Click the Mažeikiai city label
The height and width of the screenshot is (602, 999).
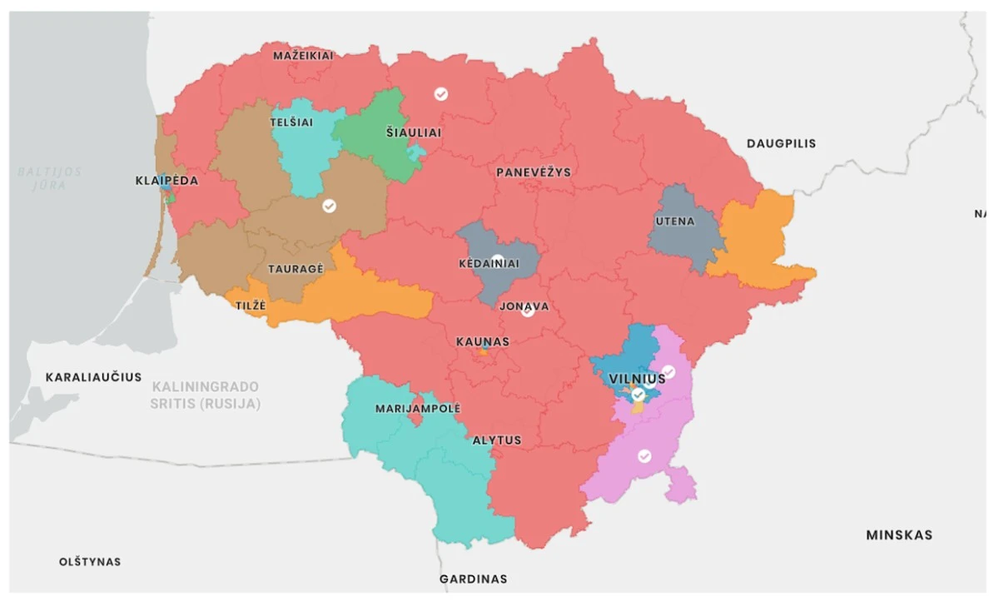pyautogui.click(x=303, y=56)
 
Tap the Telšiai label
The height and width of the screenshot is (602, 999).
pyautogui.click(x=291, y=122)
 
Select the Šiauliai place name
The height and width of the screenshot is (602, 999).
pyautogui.click(x=414, y=132)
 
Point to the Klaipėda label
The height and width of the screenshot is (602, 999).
pyautogui.click(x=167, y=181)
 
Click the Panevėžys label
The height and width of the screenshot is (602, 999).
pyautogui.click(x=534, y=172)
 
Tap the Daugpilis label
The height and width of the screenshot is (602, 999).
pyautogui.click(x=781, y=143)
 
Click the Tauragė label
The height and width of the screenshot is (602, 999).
pyautogui.click(x=296, y=269)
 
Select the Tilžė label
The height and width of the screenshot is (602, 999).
pyautogui.click(x=251, y=306)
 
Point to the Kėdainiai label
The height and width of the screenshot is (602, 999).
pyautogui.click(x=490, y=264)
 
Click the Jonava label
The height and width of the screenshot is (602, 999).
pyautogui.click(x=524, y=306)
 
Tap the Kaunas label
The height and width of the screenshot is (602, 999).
pyautogui.click(x=483, y=341)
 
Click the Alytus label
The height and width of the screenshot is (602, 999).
pyautogui.click(x=497, y=440)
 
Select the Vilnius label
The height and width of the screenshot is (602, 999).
pyautogui.click(x=637, y=379)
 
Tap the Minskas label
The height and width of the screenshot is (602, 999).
pyautogui.click(x=899, y=535)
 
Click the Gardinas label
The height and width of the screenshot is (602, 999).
pyautogui.click(x=473, y=579)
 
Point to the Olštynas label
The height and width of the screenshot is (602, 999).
pyautogui.click(x=90, y=561)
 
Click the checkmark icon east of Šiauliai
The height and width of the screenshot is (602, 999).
pyautogui.click(x=441, y=94)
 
